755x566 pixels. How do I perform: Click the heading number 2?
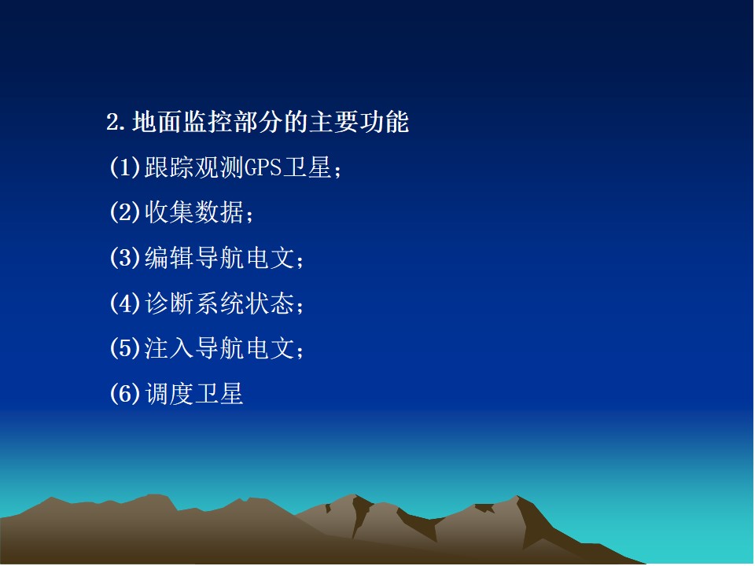[x=112, y=123]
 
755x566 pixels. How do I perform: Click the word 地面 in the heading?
[x=157, y=122]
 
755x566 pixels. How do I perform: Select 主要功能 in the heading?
[x=359, y=122]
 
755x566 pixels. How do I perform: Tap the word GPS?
[x=263, y=167]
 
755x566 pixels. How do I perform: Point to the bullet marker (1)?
[x=125, y=167]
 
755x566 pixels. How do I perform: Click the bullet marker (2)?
[x=125, y=212]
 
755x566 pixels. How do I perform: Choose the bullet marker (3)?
[x=125, y=258]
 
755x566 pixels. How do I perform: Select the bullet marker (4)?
[x=125, y=303]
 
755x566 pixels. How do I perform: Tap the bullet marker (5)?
[x=125, y=348]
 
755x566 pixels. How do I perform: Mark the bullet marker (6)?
[x=125, y=394]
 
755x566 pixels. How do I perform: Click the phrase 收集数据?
[x=193, y=212]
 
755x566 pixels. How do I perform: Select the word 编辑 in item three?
[x=169, y=258]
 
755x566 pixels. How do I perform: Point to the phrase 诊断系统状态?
[x=219, y=303]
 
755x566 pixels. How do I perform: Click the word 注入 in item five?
[x=169, y=348]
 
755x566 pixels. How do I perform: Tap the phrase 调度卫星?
[x=193, y=394]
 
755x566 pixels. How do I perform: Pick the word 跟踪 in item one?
[x=169, y=167]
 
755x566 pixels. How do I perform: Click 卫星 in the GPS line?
[x=307, y=167]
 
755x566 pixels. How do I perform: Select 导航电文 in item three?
[x=245, y=258]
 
